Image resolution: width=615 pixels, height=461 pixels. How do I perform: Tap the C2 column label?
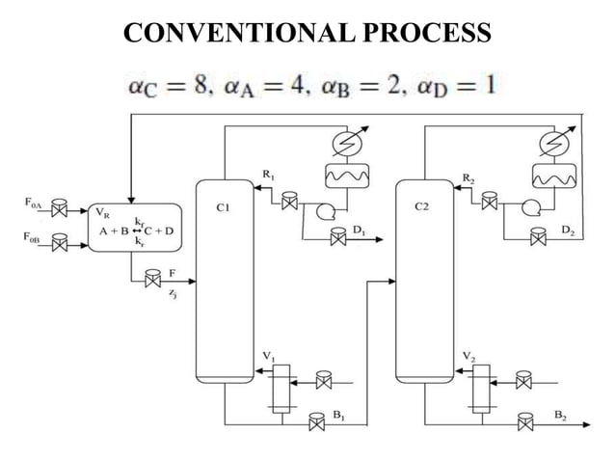tap(421, 205)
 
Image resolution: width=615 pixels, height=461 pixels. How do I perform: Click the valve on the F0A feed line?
tap(61, 208)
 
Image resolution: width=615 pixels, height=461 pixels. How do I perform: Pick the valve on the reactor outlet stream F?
tap(151, 281)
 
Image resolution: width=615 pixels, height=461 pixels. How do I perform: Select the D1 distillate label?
tap(359, 230)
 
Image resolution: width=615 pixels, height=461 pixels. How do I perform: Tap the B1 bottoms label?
tap(337, 414)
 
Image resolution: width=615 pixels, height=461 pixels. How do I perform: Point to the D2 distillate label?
tap(569, 230)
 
